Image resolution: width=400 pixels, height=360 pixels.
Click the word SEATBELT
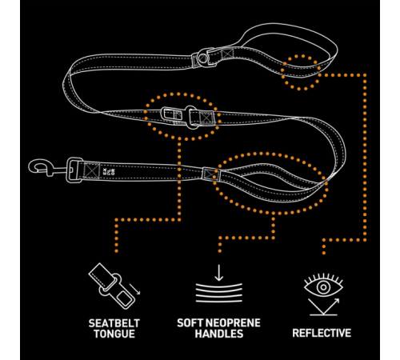click(114, 323)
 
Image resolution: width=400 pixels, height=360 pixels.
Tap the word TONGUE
click(114, 334)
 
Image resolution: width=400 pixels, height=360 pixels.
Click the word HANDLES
click(219, 334)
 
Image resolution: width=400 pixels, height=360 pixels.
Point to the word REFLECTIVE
click(322, 333)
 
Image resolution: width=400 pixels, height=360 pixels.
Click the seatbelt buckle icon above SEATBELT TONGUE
click(112, 286)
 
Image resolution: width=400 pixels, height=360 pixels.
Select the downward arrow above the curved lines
click(219, 273)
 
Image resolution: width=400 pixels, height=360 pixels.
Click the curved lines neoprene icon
click(219, 293)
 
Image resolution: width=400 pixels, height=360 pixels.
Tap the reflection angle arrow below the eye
click(323, 306)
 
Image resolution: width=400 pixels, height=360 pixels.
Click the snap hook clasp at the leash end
click(42, 167)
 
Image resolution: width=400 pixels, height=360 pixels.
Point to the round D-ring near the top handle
click(203, 58)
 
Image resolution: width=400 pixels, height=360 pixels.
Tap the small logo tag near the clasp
click(108, 171)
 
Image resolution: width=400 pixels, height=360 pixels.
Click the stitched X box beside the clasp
click(91, 170)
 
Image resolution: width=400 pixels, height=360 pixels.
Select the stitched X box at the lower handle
click(211, 174)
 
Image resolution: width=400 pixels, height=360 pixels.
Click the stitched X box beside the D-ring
click(228, 54)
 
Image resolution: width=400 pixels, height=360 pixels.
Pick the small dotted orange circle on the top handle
click(301, 72)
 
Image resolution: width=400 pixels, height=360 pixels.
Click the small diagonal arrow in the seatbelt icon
click(134, 289)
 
